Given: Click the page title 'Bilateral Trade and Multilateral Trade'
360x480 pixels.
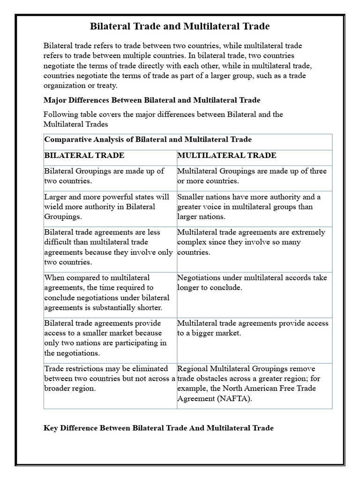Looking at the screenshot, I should (x=180, y=26).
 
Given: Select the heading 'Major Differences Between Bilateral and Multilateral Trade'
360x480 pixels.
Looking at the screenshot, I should (x=152, y=100).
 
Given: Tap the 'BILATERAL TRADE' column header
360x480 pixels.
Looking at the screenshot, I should (x=84, y=155).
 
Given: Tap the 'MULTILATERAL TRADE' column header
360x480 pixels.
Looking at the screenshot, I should (x=227, y=155).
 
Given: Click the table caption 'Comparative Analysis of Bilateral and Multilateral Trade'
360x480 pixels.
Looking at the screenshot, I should (x=148, y=139).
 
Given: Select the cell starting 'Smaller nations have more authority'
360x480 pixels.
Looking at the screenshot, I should (x=249, y=207).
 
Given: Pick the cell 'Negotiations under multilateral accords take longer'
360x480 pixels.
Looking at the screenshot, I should (x=252, y=283).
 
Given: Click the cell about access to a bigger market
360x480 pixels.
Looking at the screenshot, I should (x=253, y=328).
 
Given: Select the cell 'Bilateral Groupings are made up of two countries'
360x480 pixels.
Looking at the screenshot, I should (x=104, y=176).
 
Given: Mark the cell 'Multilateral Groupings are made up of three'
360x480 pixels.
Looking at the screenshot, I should (x=252, y=176).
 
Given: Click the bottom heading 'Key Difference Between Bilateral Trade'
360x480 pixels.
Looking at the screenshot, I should (x=158, y=428).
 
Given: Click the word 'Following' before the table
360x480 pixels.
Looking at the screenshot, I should (x=59, y=114).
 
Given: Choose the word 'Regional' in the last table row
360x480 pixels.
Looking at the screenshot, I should (x=193, y=368).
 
